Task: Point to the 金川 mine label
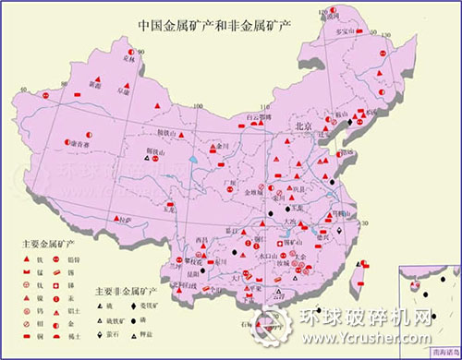pyautogui.click(x=221, y=145)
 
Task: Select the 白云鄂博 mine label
pyautogui.click(x=266, y=118)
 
